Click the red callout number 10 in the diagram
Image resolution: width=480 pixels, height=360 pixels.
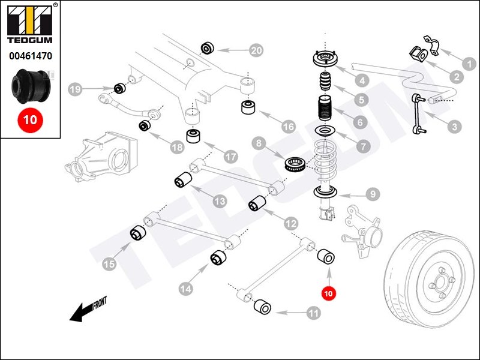328,294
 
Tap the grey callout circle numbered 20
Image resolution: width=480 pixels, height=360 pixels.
256,51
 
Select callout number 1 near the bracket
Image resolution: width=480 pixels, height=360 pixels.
471,61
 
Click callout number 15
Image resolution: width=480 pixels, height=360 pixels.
109,263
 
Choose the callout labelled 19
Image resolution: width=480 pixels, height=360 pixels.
74,90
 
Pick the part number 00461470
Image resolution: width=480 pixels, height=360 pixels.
29,57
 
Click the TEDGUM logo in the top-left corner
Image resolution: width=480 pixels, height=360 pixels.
29,27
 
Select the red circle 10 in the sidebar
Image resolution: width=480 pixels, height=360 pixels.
30,119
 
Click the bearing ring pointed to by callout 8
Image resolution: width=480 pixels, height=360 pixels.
296,164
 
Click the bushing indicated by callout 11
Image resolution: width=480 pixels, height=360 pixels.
263,308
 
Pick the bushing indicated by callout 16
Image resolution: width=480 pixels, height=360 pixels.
249,108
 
